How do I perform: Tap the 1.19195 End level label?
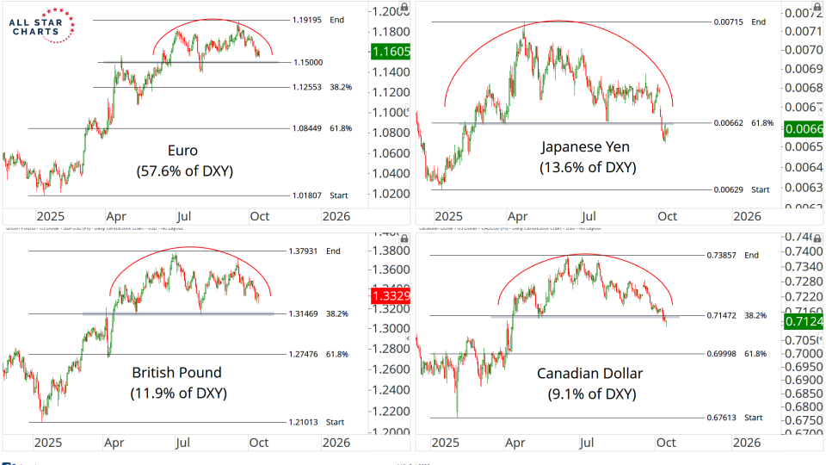point(306,19)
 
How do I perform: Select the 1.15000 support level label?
point(307,63)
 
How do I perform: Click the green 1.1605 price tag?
point(389,52)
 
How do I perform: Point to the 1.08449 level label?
point(306,128)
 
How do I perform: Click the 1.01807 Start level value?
point(306,195)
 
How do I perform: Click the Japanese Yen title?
point(589,146)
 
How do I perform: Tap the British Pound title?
point(176,373)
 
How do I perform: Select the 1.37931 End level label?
point(306,251)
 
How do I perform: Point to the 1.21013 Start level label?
point(306,422)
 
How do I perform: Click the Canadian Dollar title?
point(590,374)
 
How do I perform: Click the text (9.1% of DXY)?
point(590,394)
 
